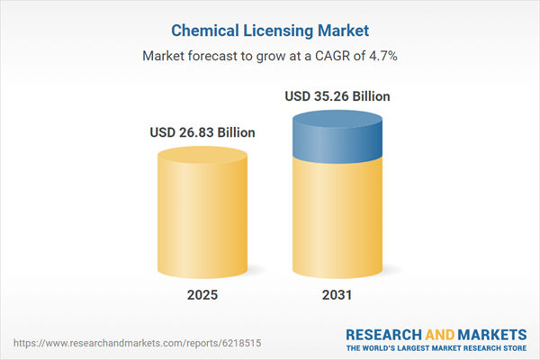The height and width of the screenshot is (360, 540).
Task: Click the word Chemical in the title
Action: pyautogui.click(x=191, y=31)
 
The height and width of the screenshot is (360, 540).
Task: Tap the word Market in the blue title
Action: pyautogui.click(x=346, y=31)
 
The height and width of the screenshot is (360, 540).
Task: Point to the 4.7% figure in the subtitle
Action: pyautogui.click(x=381, y=55)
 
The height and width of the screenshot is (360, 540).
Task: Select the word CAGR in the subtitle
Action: pyautogui.click(x=324, y=55)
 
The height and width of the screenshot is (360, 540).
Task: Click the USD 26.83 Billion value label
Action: pyautogui.click(x=202, y=132)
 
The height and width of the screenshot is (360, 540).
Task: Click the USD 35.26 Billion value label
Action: pyautogui.click(x=337, y=96)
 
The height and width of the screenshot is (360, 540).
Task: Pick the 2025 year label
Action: pyautogui.click(x=202, y=295)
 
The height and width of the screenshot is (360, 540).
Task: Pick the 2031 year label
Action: pyautogui.click(x=337, y=295)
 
